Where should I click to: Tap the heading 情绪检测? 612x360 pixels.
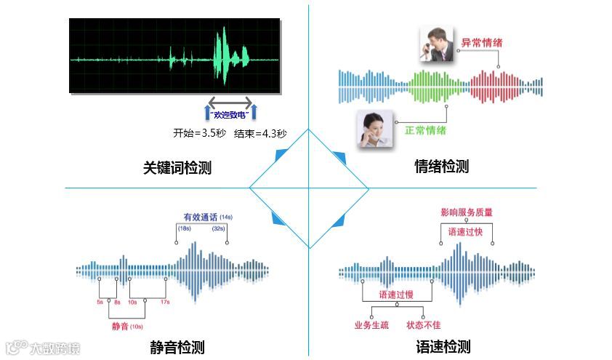(441, 167)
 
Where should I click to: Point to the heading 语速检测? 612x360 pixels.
(443, 347)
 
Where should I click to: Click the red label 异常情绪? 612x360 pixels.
(482, 43)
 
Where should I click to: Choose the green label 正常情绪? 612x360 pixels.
(426, 131)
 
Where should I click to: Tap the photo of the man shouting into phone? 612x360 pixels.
(438, 44)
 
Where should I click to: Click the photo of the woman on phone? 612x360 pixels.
(375, 129)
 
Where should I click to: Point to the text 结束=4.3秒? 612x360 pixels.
(260, 133)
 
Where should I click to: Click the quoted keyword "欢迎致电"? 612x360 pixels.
(230, 114)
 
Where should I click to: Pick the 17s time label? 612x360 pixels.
(165, 301)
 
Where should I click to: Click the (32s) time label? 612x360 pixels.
(218, 228)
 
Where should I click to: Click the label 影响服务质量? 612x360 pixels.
(467, 212)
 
